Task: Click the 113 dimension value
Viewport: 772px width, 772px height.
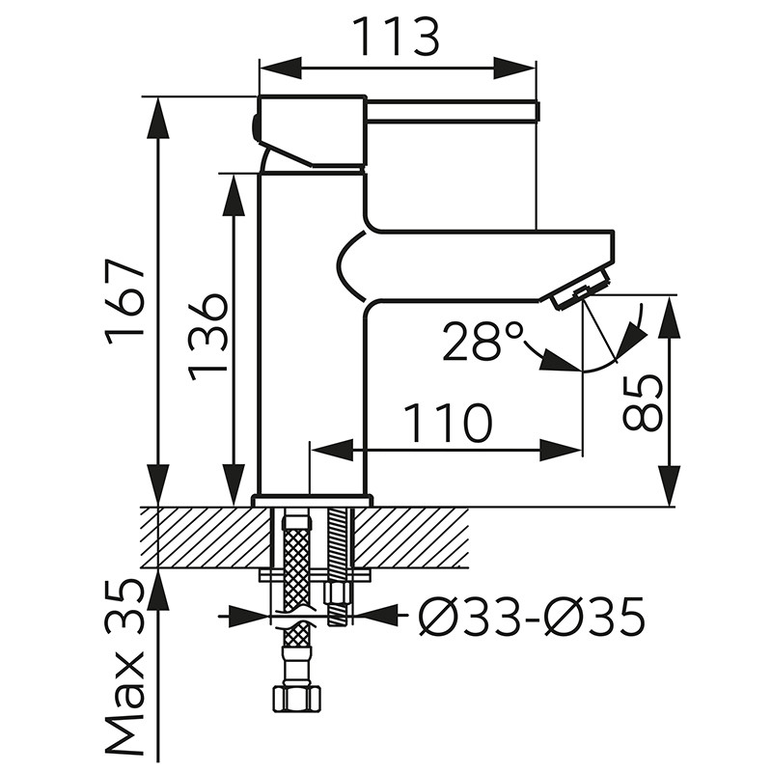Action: tap(397, 37)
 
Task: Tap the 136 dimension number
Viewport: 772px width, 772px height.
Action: tap(208, 339)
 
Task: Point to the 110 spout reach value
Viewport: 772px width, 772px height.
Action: tap(448, 423)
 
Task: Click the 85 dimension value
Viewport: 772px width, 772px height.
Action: tap(643, 402)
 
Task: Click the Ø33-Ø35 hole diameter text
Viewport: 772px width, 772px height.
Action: tap(532, 617)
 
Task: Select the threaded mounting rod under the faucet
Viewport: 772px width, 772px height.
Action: tap(339, 566)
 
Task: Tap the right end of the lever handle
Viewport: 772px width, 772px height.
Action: tap(538, 111)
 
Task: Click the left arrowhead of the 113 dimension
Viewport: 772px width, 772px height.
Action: tap(280, 68)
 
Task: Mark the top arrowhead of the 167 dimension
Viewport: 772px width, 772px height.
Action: tap(158, 118)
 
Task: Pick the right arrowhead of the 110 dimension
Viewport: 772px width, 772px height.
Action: tap(562, 450)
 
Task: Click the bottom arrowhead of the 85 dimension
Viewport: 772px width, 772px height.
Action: tap(670, 485)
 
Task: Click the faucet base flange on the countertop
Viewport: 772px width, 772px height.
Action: tap(312, 501)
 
